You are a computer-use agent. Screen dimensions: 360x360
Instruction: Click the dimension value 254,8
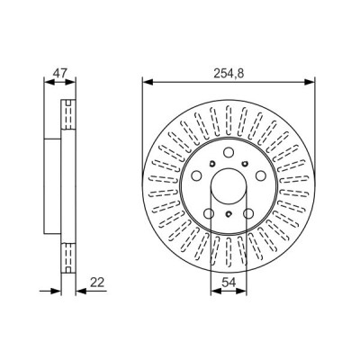(229, 74)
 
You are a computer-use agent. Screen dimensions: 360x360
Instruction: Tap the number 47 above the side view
(59, 74)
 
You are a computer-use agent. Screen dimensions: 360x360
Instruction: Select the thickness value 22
(96, 283)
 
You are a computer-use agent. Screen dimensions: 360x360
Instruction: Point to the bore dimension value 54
(229, 283)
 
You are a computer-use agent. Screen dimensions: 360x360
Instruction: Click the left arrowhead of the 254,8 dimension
(148, 82)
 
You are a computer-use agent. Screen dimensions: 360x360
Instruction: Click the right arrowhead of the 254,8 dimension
(310, 82)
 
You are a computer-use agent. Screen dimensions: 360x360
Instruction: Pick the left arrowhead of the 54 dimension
(216, 291)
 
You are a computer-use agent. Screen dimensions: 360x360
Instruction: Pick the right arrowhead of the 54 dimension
(241, 291)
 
